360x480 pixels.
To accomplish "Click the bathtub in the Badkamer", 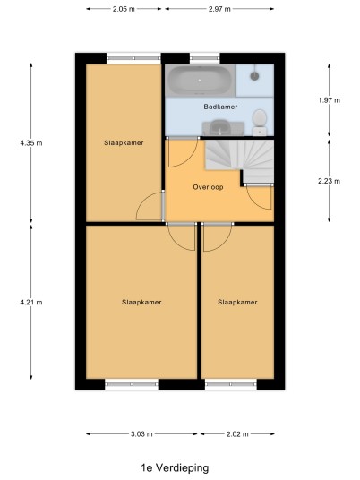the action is click(x=201, y=81).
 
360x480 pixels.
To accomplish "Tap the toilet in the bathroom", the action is click(x=260, y=122).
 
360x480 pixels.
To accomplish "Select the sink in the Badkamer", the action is click(x=223, y=128).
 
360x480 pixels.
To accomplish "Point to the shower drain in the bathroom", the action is click(x=254, y=75).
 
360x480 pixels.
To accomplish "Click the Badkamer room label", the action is click(x=220, y=107).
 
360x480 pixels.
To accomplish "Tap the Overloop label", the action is click(x=208, y=187).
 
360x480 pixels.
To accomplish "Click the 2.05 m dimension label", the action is click(x=124, y=9).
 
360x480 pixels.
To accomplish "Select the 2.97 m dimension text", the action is click(x=219, y=9).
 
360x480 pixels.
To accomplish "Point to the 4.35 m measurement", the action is click(x=31, y=143).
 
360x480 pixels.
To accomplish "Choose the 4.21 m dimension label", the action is click(x=31, y=303).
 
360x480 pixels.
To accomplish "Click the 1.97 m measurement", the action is click(x=329, y=100).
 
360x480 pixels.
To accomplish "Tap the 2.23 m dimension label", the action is click(x=329, y=181).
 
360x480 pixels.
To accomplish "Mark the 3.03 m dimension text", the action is click(x=141, y=434).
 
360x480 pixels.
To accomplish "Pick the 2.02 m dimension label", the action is click(x=237, y=434).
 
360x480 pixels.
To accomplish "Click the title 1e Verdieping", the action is click(x=175, y=468).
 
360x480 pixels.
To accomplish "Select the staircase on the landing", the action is click(x=239, y=161).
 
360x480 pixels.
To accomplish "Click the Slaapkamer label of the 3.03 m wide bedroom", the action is click(x=141, y=303).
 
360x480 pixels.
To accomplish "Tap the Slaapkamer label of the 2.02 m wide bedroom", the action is click(x=237, y=303).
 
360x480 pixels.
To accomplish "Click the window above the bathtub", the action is click(x=205, y=58).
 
